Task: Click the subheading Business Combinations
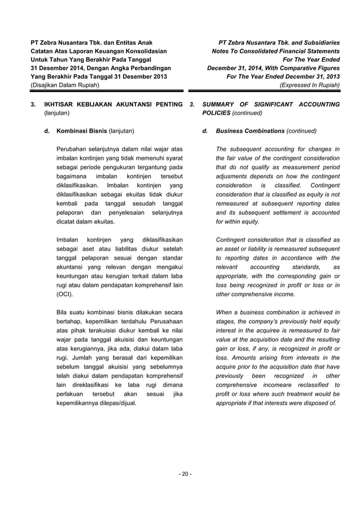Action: (x=250, y=131)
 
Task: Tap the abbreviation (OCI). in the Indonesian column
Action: (x=65, y=294)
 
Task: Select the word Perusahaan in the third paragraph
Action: (x=165, y=321)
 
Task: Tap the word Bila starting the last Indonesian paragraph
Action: (x=64, y=312)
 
